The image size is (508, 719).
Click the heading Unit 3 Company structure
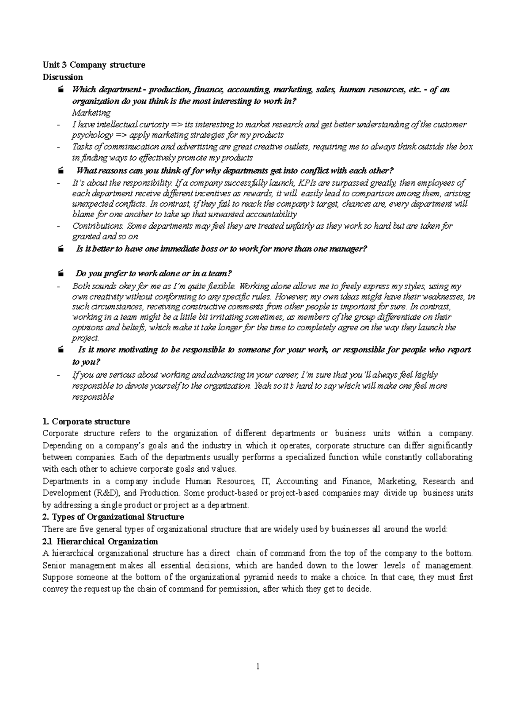[94, 65]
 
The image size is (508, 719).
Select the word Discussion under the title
[63, 77]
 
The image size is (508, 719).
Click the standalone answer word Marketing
[91, 113]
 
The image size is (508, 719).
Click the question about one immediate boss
[221, 249]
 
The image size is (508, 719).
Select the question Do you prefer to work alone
[153, 273]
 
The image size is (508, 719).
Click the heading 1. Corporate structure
[86, 421]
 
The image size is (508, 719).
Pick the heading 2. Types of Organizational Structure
[113, 517]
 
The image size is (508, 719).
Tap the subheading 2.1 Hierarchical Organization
[100, 541]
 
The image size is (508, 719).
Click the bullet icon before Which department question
[61, 90]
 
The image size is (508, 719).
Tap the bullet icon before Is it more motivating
[61, 350]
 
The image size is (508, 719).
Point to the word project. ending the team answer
[86, 338]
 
